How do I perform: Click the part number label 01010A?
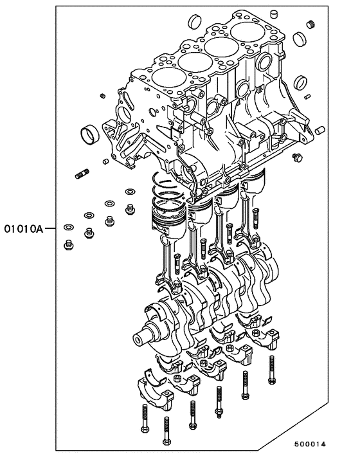[x=24, y=228]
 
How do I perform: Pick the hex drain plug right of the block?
[x=296, y=157]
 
